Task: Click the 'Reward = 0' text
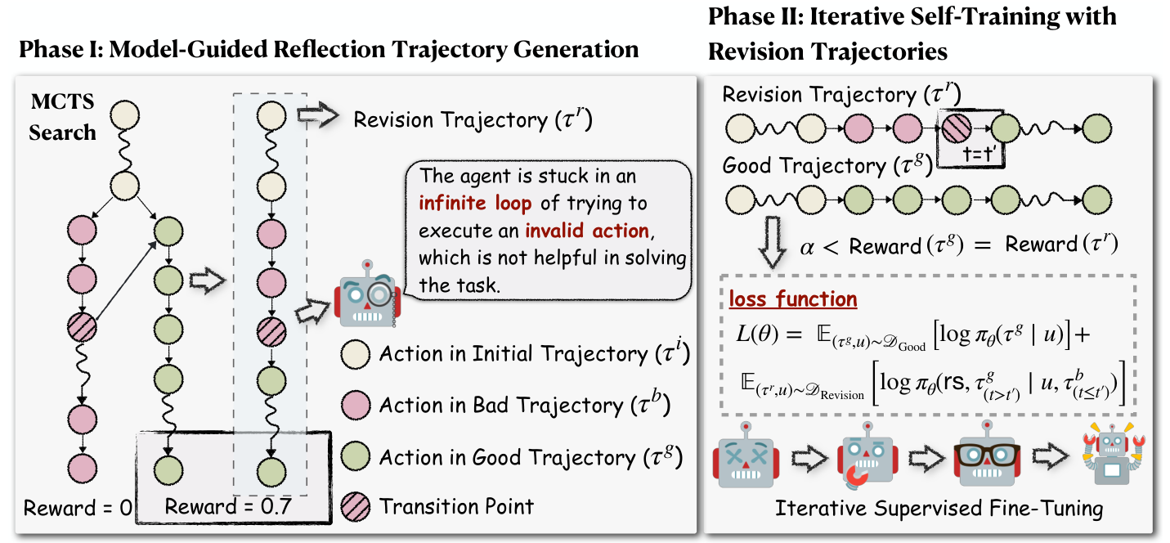click(x=78, y=508)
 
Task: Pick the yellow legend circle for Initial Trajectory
click(x=356, y=354)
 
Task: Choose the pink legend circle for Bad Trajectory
click(x=356, y=405)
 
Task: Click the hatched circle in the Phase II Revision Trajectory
click(x=954, y=128)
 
